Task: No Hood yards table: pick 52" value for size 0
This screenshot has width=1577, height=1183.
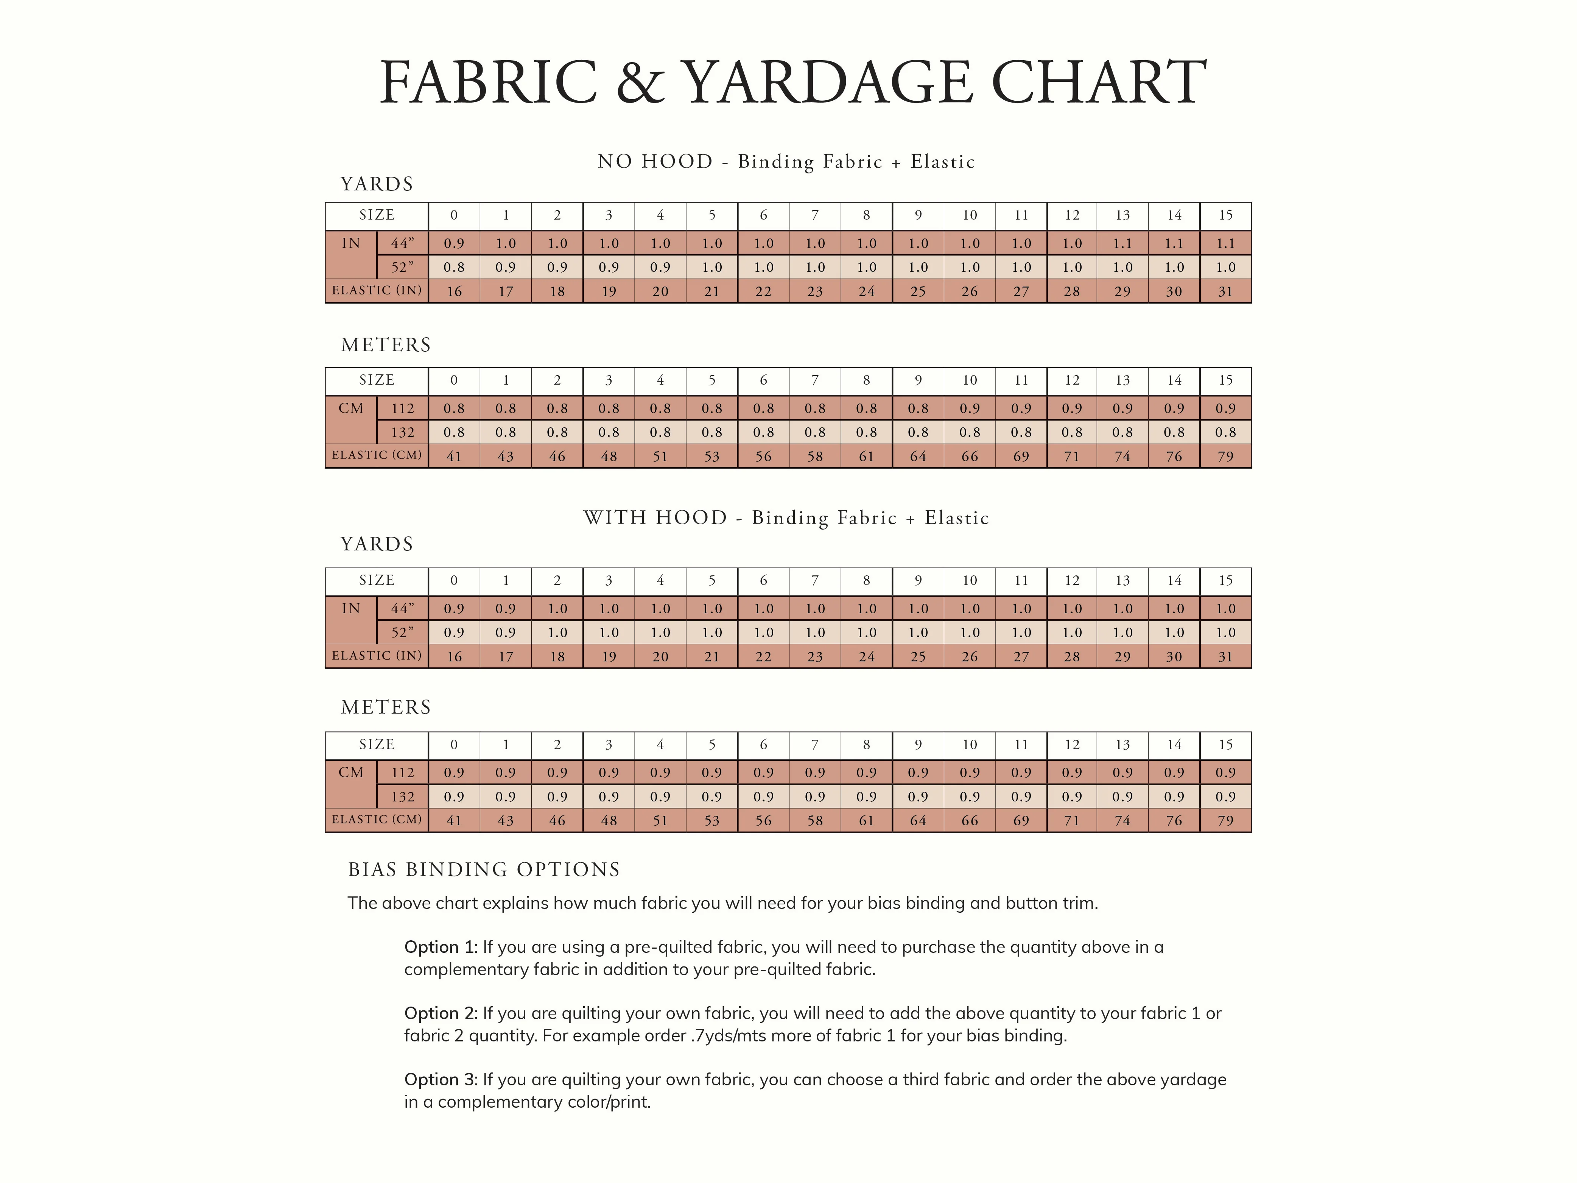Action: click(454, 267)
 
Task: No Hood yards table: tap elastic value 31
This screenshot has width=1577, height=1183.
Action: click(1225, 291)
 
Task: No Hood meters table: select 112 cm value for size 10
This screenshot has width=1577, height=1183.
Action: click(970, 408)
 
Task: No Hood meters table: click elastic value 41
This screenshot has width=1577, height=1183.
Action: click(454, 457)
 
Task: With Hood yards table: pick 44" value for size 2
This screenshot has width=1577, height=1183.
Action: click(557, 609)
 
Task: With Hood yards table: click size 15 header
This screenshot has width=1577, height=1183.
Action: click(1225, 580)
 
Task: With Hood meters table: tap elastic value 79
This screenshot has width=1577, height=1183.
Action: click(1225, 821)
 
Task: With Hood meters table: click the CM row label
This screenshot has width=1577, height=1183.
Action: click(351, 773)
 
